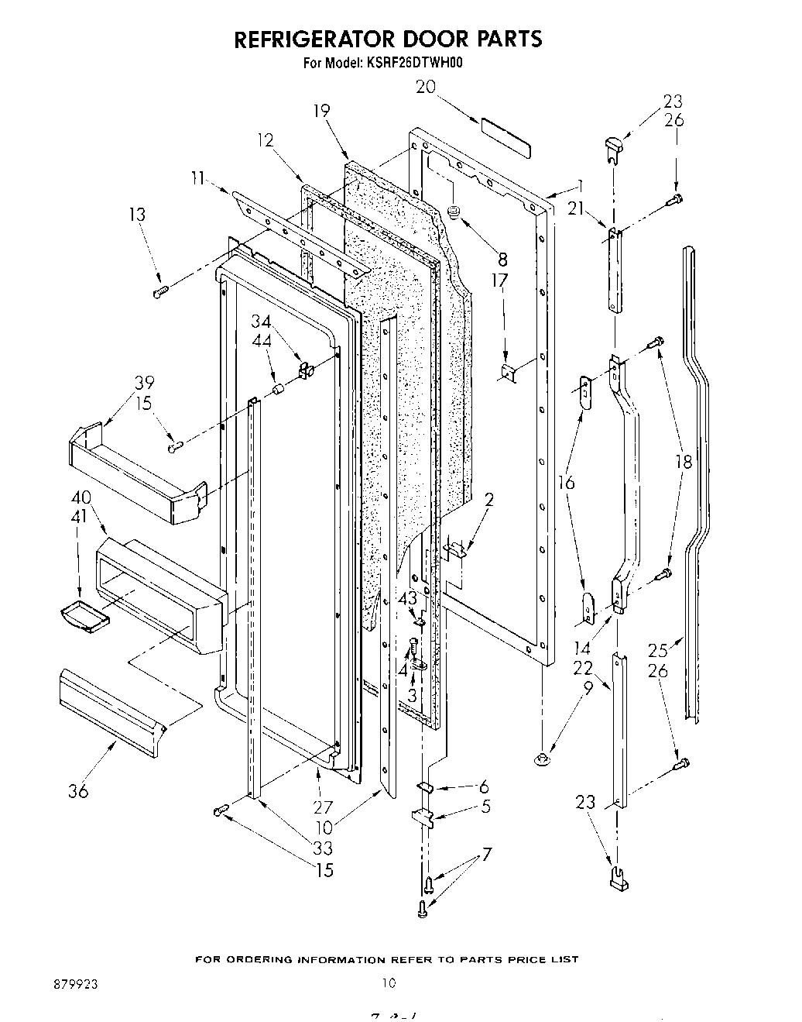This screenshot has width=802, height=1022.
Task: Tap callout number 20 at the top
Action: [426, 88]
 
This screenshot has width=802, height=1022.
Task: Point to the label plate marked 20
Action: [504, 132]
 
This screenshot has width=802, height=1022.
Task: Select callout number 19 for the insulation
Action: [321, 111]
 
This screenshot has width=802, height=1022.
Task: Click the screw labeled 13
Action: [161, 292]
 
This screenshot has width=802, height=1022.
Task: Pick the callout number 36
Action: [78, 791]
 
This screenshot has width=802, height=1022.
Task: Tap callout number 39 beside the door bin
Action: [143, 382]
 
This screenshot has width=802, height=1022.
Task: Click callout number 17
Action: [501, 279]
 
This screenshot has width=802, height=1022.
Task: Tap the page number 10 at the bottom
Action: [388, 983]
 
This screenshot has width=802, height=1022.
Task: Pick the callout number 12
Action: [266, 139]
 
